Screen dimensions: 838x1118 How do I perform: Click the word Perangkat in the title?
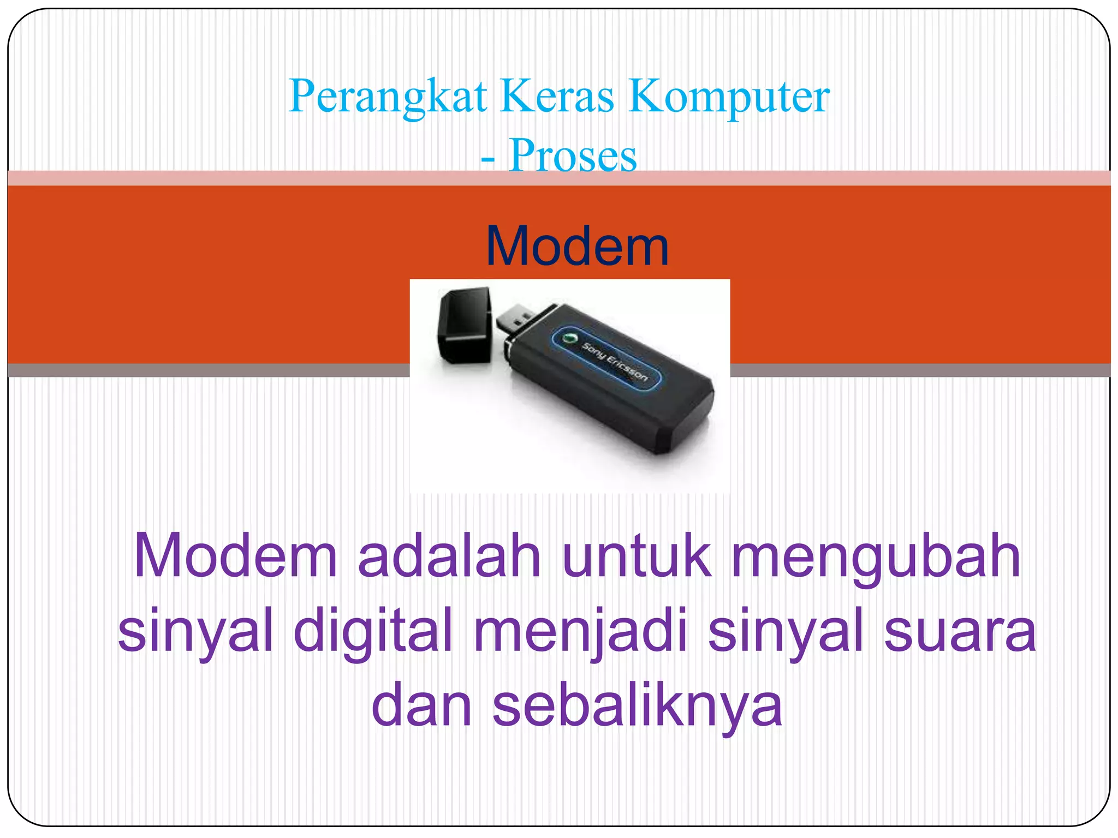(388, 96)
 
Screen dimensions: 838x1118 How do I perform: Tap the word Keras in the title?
(557, 96)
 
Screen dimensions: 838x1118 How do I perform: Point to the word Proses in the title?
(573, 155)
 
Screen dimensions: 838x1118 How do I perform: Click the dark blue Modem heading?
(577, 247)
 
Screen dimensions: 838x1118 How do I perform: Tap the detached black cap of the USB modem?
(465, 326)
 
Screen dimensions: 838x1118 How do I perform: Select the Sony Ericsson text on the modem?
(614, 362)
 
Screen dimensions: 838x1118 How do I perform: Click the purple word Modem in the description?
(235, 555)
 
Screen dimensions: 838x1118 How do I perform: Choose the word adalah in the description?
(449, 555)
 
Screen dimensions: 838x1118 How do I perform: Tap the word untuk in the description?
(637, 555)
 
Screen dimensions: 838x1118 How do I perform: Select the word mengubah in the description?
(876, 555)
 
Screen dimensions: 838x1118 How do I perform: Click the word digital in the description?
(373, 630)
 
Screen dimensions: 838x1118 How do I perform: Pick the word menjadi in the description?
(580, 630)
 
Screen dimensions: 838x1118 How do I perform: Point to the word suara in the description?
(960, 630)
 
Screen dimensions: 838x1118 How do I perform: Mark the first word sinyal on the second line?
(195, 630)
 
